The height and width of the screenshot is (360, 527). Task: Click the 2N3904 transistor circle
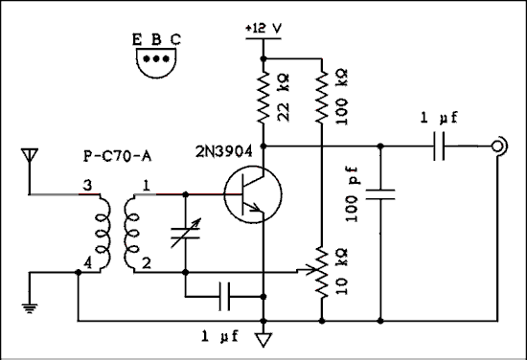(x=252, y=194)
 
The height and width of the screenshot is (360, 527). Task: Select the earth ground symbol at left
(x=29, y=307)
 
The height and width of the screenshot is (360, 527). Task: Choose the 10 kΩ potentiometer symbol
(x=323, y=271)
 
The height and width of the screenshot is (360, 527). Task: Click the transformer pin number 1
(x=146, y=184)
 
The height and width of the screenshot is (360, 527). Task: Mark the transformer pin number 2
(x=146, y=261)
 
